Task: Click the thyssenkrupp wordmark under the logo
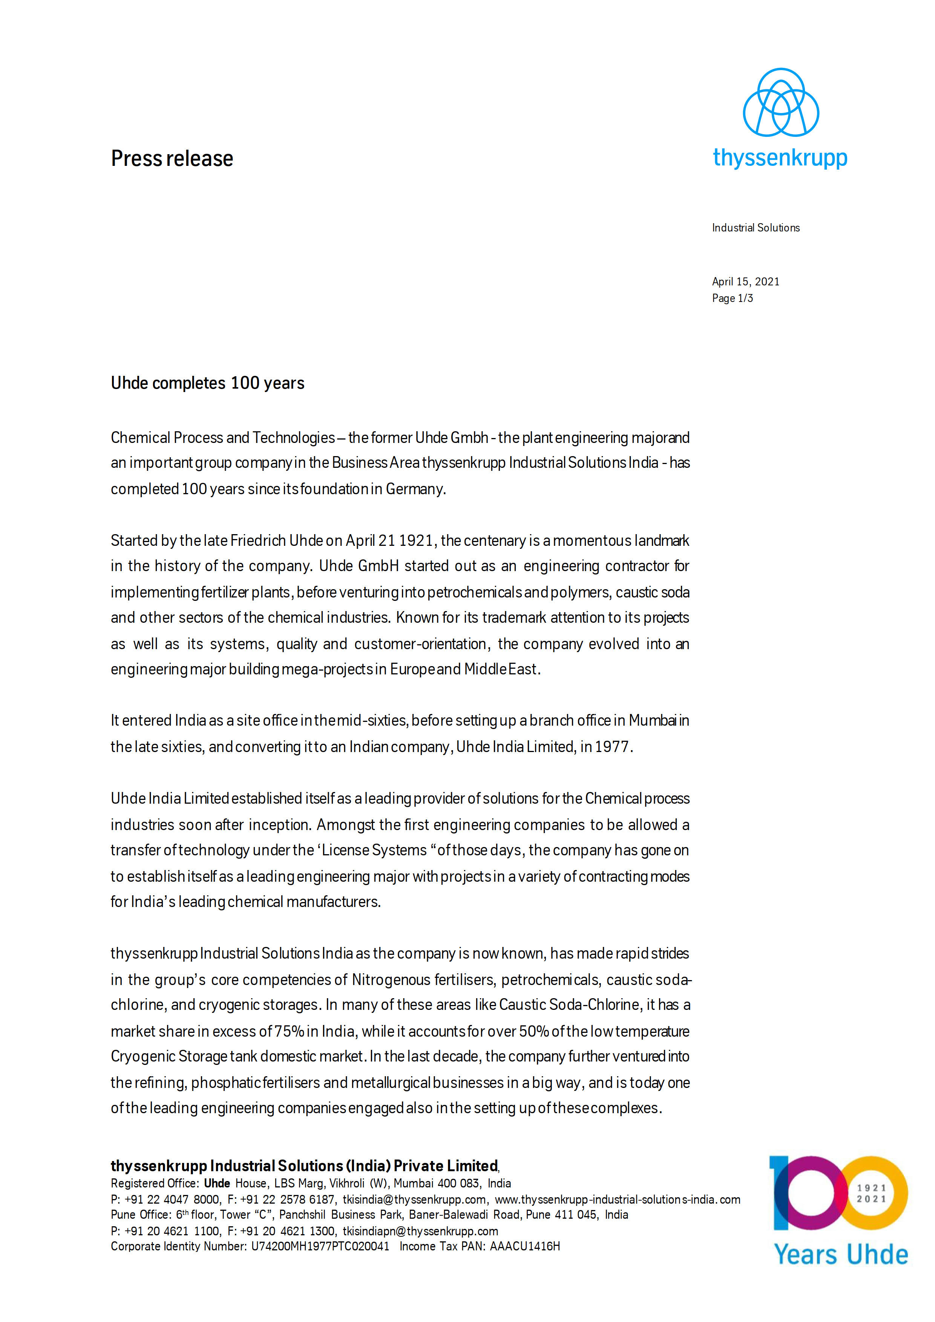pos(780,158)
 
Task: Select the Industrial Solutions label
pos(756,228)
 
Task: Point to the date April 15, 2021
pos(746,282)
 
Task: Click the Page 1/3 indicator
pos(732,298)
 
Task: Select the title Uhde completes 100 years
pos(207,383)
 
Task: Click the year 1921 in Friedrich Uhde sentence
pos(416,541)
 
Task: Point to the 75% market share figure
pos(290,1031)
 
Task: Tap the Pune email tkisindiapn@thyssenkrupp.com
pos(420,1231)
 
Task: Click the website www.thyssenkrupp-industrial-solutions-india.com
pos(617,1199)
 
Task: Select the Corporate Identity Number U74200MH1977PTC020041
pos(320,1247)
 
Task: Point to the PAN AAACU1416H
pos(524,1247)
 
